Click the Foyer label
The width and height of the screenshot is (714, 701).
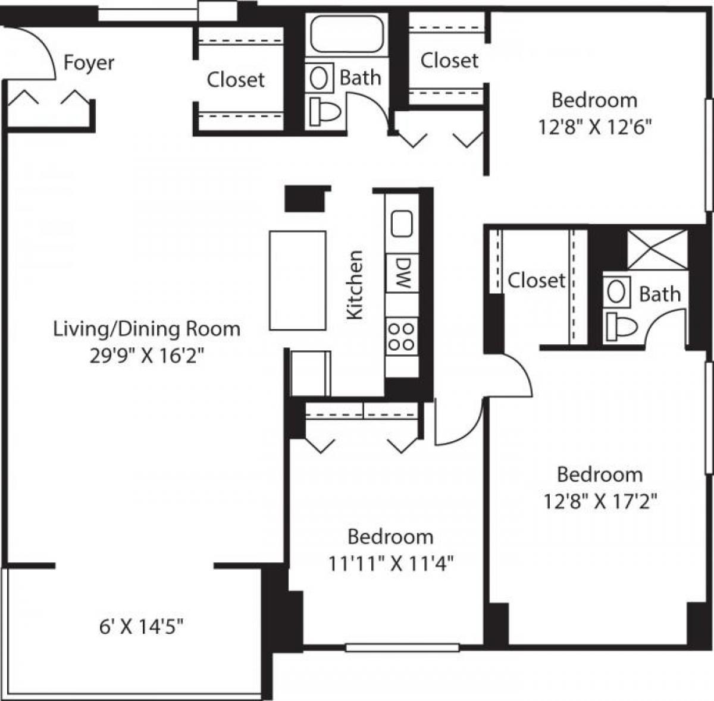(89, 63)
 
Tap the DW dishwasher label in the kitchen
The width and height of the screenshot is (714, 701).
(403, 273)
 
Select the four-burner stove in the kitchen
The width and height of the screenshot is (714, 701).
(402, 336)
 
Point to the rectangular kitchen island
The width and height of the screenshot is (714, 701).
(297, 280)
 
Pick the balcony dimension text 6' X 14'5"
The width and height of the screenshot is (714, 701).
(141, 626)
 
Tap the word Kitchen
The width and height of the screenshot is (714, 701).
(355, 285)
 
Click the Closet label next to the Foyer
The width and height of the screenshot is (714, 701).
(236, 80)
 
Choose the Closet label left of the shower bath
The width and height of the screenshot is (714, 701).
(535, 280)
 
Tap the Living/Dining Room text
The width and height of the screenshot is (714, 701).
(146, 329)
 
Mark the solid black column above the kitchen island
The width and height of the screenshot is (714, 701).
(306, 199)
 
